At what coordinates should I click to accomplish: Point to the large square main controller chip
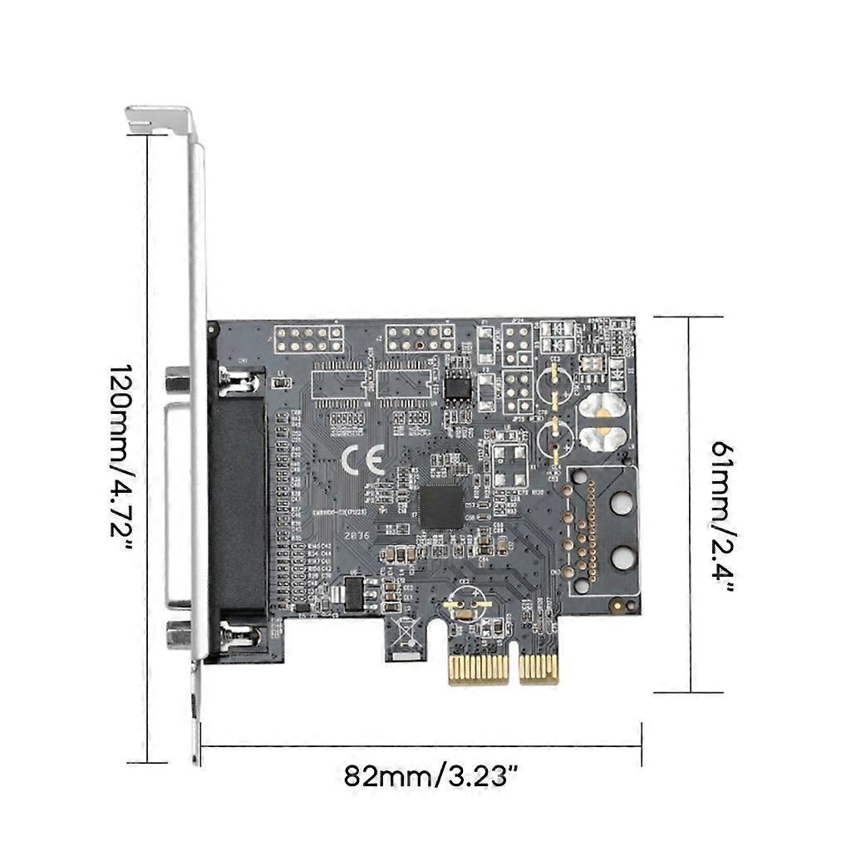point(440,506)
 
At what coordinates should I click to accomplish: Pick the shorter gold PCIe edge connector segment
point(539,669)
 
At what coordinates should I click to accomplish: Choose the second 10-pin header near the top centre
point(420,337)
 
